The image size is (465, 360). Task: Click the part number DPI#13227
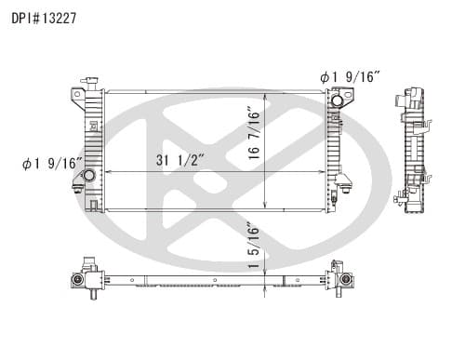[x=44, y=19]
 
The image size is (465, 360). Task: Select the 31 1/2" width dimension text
[x=179, y=160]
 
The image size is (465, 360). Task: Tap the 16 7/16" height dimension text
[x=254, y=133]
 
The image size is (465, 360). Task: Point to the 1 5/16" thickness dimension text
[x=254, y=245]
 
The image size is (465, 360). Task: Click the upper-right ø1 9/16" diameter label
[x=350, y=77]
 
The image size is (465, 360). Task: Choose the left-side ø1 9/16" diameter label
[x=52, y=164]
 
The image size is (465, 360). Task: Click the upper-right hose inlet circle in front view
[x=337, y=100]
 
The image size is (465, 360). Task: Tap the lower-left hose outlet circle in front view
[x=89, y=176]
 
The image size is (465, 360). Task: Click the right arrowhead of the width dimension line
[x=322, y=171]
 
